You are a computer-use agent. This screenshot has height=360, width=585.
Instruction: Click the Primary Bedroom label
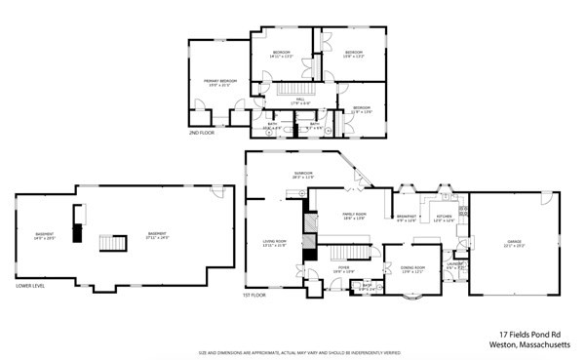(x=219, y=82)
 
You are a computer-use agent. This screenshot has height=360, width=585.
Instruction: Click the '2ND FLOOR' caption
(x=201, y=133)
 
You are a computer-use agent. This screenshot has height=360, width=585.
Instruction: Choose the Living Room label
(x=274, y=243)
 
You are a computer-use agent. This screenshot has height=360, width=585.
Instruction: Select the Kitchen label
(x=444, y=217)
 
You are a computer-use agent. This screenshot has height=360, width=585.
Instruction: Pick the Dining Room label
(x=413, y=268)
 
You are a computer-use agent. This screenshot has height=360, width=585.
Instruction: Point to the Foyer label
(x=343, y=268)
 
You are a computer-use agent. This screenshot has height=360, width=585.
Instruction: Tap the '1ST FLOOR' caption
(x=253, y=295)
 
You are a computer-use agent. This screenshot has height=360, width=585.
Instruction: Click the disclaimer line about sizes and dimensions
(x=292, y=352)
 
